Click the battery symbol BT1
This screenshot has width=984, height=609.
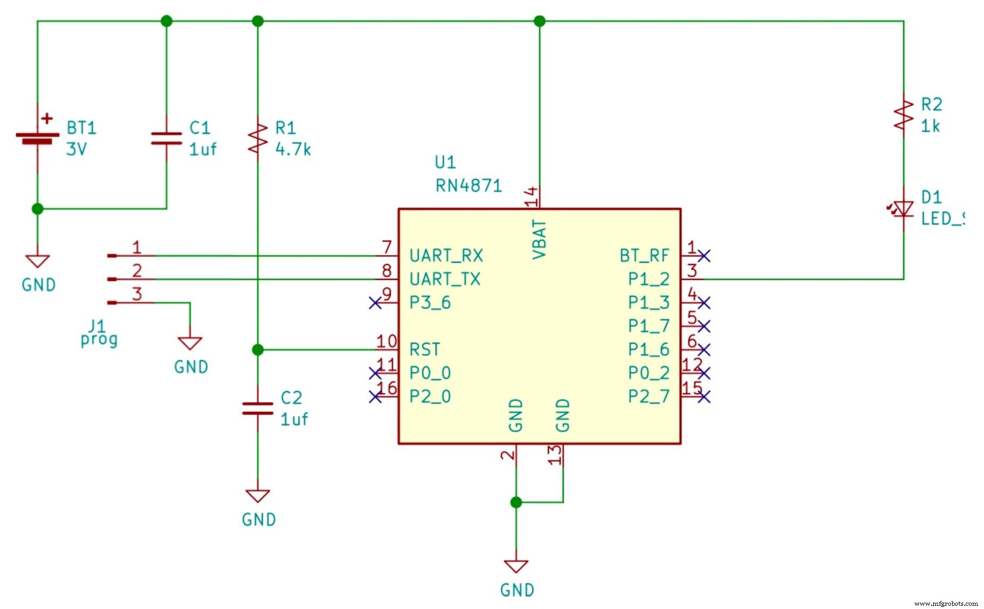(x=37, y=137)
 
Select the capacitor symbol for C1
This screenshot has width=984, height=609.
(x=166, y=139)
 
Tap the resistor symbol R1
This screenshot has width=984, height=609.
(x=258, y=138)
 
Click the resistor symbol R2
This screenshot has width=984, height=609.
(x=903, y=115)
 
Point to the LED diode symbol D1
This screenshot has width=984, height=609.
(x=903, y=209)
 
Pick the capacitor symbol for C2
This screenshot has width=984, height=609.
(x=258, y=408)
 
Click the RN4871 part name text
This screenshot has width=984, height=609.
(x=469, y=186)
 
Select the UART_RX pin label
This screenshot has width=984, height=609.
(x=446, y=255)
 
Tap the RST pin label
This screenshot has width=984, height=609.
(x=425, y=350)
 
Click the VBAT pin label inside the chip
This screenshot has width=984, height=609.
(x=539, y=239)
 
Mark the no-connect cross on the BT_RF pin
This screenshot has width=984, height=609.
(x=704, y=256)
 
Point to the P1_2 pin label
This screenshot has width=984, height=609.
(x=648, y=279)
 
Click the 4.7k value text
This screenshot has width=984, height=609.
(x=293, y=149)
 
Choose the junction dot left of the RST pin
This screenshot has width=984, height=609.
(x=258, y=350)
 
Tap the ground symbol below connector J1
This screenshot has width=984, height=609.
(x=190, y=343)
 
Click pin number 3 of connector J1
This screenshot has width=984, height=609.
(x=137, y=294)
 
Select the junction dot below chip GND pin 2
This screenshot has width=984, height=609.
(x=516, y=502)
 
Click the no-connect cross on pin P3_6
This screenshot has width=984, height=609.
(x=375, y=303)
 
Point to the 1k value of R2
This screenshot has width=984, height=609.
(x=930, y=126)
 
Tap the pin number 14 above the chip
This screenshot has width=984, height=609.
(x=531, y=196)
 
